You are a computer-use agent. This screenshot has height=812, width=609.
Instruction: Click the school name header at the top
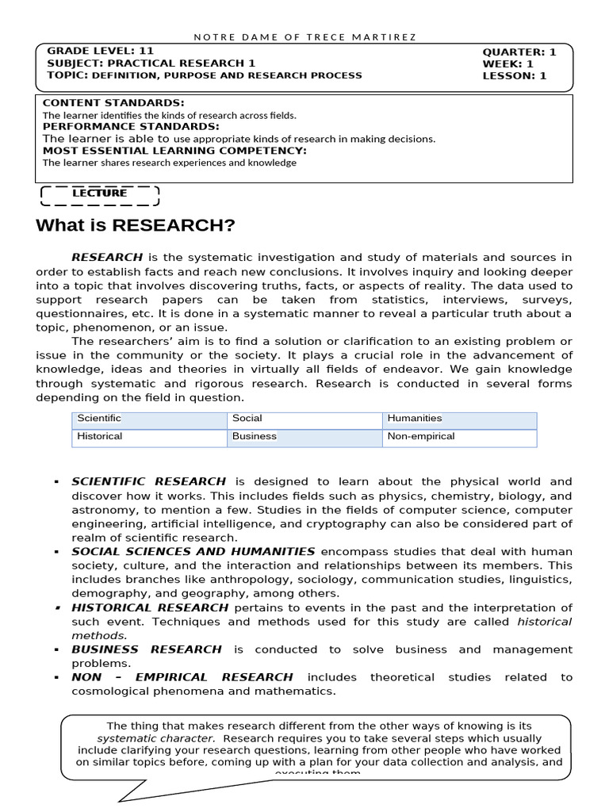pyautogui.click(x=304, y=36)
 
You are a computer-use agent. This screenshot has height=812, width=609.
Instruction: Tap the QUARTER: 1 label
pyautogui.click(x=519, y=52)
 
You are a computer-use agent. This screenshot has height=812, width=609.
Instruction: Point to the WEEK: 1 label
pyautogui.click(x=507, y=64)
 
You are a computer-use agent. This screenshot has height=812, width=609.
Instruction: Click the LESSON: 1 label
pyautogui.click(x=515, y=76)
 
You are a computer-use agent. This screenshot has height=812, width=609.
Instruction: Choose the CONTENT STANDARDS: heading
pyautogui.click(x=113, y=103)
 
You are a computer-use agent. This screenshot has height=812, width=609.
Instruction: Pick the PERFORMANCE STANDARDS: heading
pyautogui.click(x=131, y=126)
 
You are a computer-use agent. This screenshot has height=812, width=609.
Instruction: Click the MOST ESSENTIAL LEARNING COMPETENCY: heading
pyautogui.click(x=174, y=150)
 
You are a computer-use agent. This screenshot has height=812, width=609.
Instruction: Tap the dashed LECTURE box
pyautogui.click(x=99, y=193)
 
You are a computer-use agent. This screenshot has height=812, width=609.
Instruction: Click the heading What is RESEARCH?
pyautogui.click(x=136, y=226)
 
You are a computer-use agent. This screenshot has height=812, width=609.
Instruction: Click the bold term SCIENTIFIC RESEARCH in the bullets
pyautogui.click(x=148, y=481)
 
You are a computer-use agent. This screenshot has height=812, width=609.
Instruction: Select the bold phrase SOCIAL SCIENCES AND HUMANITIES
pyautogui.click(x=193, y=551)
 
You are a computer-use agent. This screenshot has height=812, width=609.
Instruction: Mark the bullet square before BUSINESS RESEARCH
pyautogui.click(x=57, y=649)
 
